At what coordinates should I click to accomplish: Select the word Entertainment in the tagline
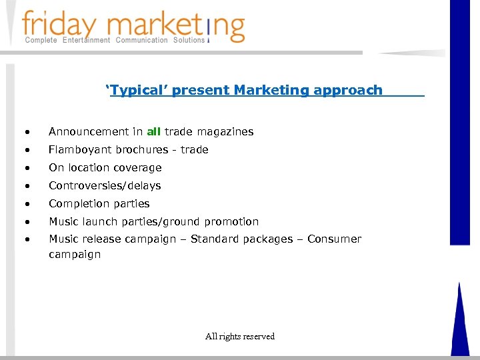pos(86,41)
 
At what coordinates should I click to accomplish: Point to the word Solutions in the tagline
pos(189,41)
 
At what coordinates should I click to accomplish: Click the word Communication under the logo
pos(142,41)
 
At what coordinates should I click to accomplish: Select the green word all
pos(154,132)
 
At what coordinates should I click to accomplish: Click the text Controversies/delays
pos(105,186)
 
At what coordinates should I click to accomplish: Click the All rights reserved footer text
pos(240,337)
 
